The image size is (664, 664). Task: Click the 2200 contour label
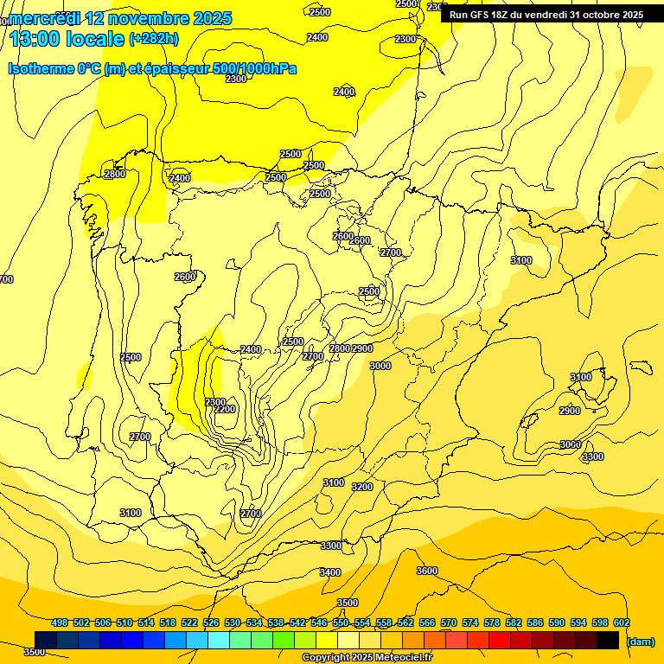click(225, 409)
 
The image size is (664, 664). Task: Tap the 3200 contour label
click(362, 487)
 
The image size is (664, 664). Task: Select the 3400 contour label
click(330, 572)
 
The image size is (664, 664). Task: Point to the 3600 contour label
click(427, 571)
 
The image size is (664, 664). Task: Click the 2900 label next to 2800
click(362, 348)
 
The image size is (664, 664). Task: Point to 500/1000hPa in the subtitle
click(254, 68)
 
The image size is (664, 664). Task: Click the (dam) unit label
click(640, 642)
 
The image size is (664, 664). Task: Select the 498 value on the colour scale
click(60, 622)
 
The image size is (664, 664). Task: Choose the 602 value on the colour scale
click(622, 622)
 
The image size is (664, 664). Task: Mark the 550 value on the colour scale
click(341, 622)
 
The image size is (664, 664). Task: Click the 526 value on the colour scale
click(211, 622)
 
